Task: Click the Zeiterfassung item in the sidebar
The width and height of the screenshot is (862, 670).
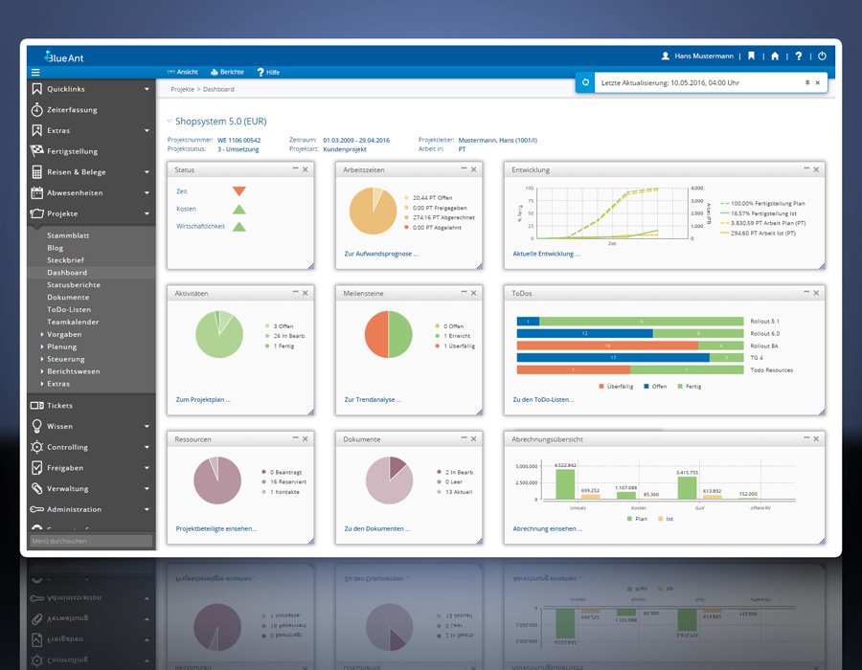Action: pos(72,110)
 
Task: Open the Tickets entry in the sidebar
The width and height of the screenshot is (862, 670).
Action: pos(59,406)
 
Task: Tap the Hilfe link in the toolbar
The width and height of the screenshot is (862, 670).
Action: pos(272,72)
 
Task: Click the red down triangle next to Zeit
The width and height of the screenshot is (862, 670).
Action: pos(238,191)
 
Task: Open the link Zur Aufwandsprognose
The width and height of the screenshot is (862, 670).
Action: pos(380,255)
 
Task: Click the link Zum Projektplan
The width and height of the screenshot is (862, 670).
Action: pos(203,399)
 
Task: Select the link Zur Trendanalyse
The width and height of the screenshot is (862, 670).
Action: pos(373,399)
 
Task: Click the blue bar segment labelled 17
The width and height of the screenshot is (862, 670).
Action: pos(612,357)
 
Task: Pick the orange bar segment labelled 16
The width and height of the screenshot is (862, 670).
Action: pos(607,346)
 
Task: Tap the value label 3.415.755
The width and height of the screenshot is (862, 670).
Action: pos(687,473)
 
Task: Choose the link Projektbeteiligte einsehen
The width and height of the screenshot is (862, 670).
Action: pos(215,528)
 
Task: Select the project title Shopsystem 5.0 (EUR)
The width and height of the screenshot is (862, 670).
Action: pos(220,123)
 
